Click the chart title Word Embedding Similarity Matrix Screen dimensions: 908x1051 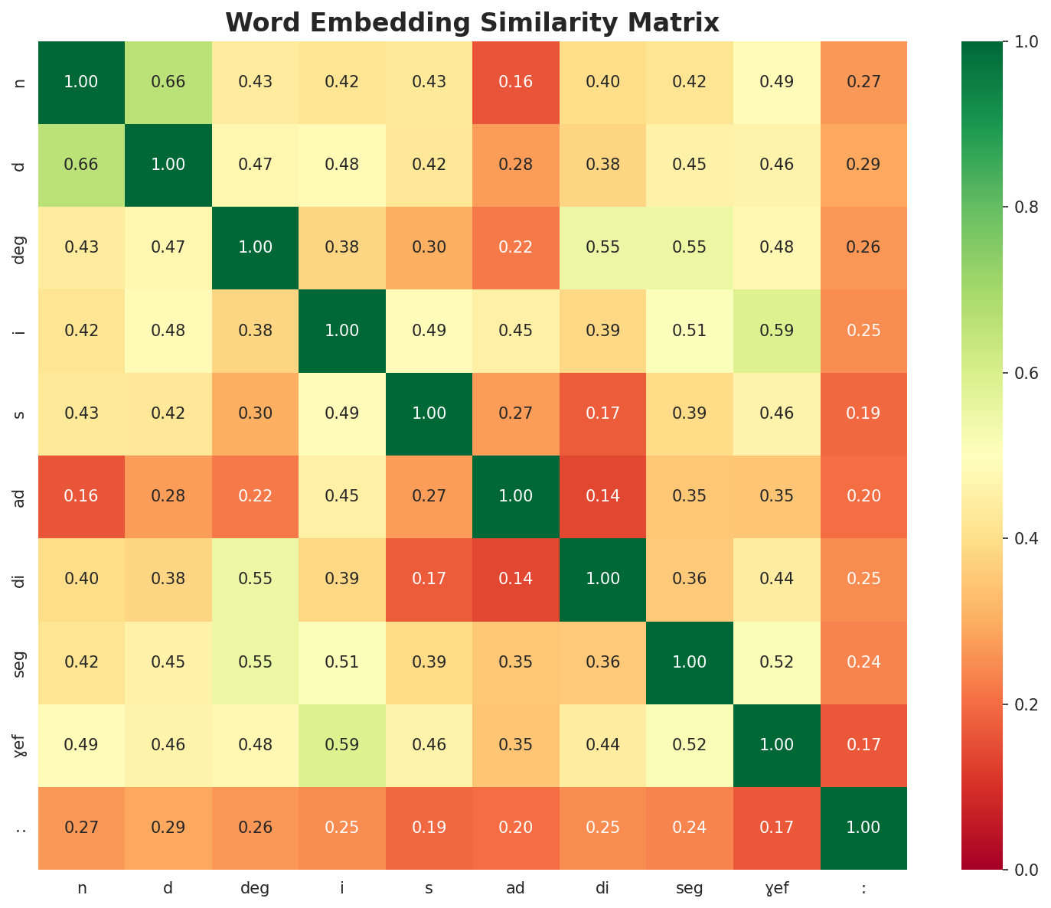(472, 23)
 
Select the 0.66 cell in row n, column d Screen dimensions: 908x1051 (168, 82)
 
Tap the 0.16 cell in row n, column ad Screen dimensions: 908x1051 (516, 82)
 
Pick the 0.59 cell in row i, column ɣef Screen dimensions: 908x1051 (777, 331)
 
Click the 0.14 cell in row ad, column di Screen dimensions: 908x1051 (603, 496)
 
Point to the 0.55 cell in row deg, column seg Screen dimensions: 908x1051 (690, 247)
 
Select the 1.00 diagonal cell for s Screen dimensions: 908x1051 (429, 413)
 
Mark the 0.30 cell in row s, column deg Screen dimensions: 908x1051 (255, 413)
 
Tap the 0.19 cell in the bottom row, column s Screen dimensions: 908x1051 (429, 828)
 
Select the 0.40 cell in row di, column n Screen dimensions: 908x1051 (81, 579)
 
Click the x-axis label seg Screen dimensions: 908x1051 (690, 888)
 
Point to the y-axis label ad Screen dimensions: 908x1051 (21, 496)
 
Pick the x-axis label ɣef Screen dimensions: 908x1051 (777, 888)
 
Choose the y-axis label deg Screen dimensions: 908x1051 (21, 247)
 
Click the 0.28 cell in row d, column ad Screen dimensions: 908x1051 (516, 165)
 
